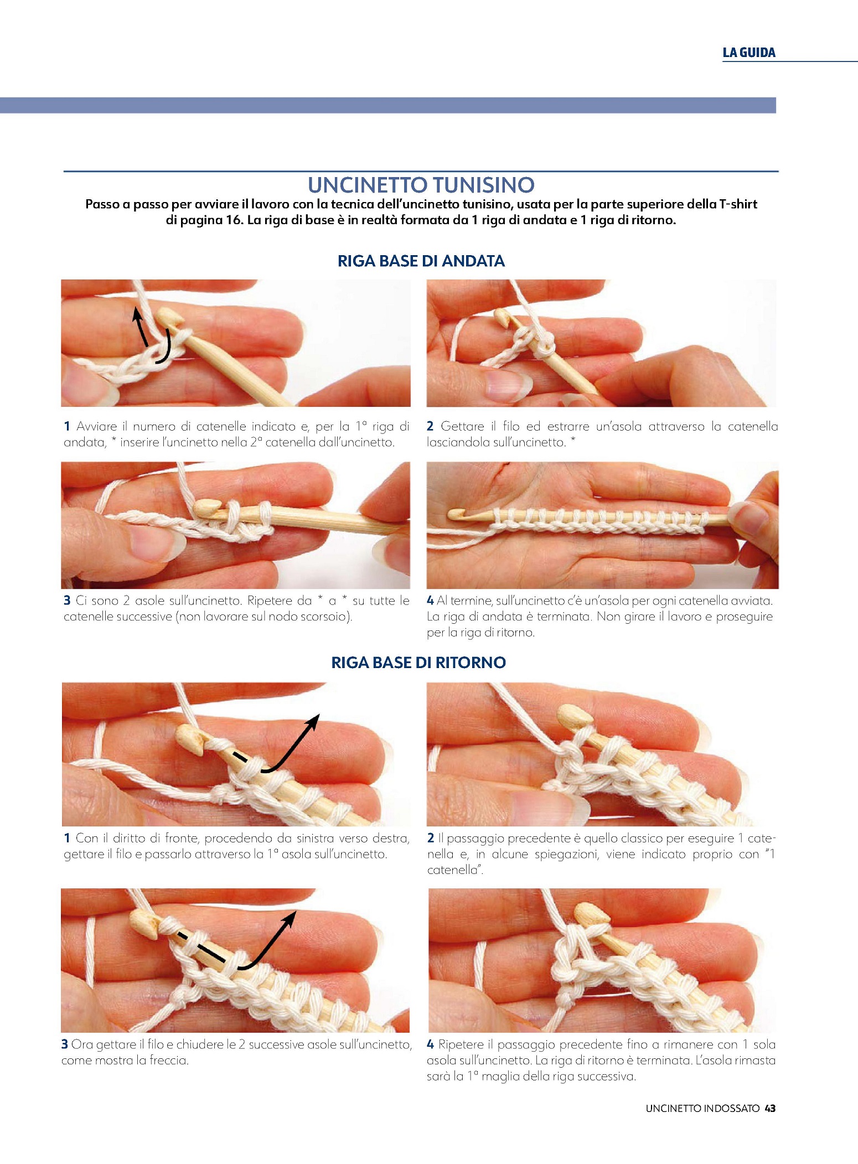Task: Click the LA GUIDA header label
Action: click(749, 53)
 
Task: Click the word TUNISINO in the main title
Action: click(483, 185)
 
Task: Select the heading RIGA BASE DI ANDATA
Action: click(421, 261)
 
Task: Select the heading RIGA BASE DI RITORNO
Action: click(418, 663)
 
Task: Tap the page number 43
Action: click(770, 1108)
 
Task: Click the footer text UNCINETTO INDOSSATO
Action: click(702, 1108)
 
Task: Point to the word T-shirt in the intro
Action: click(738, 204)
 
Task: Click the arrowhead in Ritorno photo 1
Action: click(314, 721)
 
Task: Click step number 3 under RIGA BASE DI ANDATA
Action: click(67, 601)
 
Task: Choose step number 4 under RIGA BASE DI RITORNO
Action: click(430, 1044)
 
